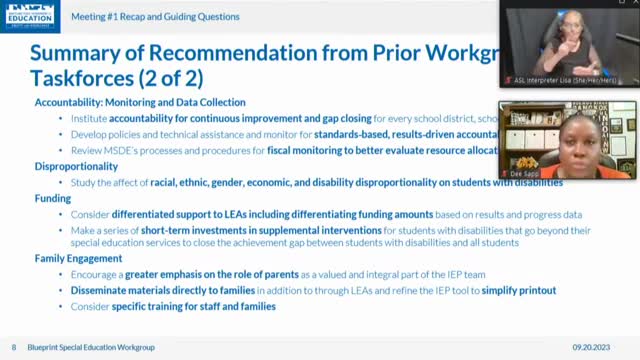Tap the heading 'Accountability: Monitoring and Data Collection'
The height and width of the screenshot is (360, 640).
coord(140,103)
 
